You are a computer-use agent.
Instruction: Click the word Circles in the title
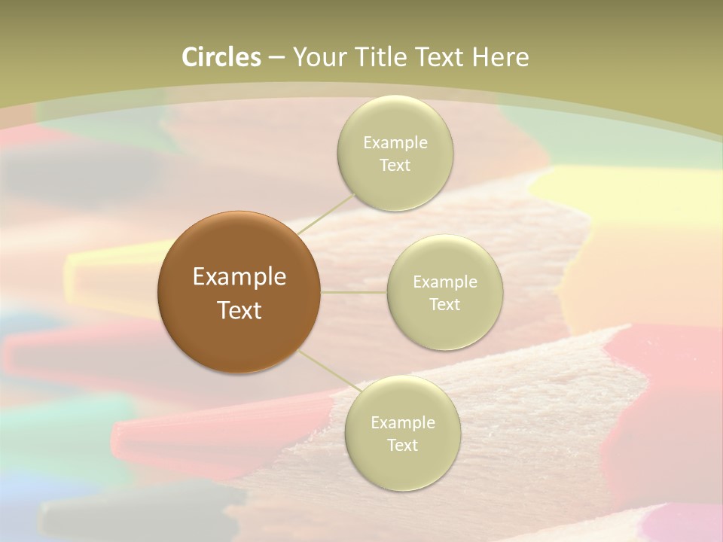pyautogui.click(x=221, y=57)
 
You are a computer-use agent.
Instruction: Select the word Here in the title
pyautogui.click(x=501, y=57)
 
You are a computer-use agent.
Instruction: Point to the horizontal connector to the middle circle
pyautogui.click(x=353, y=292)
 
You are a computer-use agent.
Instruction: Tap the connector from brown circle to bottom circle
pyautogui.click(x=325, y=372)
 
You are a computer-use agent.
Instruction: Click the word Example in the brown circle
pyautogui.click(x=239, y=277)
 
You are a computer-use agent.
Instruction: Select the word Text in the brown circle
pyautogui.click(x=239, y=310)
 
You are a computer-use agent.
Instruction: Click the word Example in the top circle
pyautogui.click(x=395, y=142)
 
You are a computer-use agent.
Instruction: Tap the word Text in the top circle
pyautogui.click(x=395, y=166)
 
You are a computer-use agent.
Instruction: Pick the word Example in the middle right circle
pyautogui.click(x=444, y=282)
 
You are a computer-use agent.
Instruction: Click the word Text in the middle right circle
pyautogui.click(x=444, y=305)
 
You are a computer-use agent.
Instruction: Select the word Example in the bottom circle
pyautogui.click(x=402, y=422)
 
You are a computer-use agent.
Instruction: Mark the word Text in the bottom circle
pyautogui.click(x=402, y=446)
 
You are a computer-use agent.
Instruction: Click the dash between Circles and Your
pyautogui.click(x=276, y=57)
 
